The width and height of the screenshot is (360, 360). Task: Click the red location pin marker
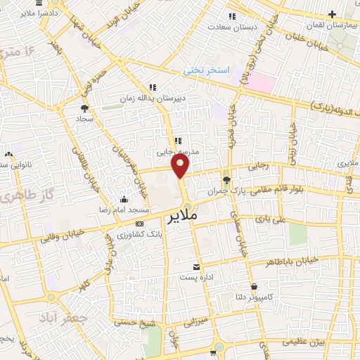coord(181,167)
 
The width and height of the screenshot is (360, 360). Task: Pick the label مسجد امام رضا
coord(124,210)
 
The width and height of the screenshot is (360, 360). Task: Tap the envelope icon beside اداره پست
coord(196,266)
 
